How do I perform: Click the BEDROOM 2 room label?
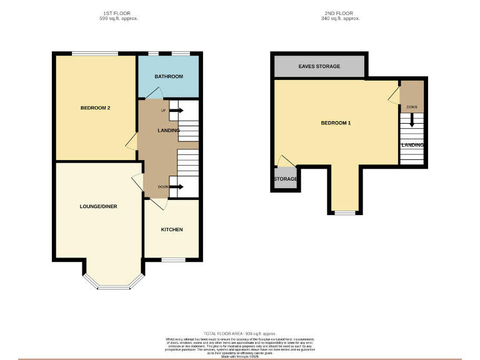point(95,108)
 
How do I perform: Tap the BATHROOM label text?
point(169,76)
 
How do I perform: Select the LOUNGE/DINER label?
point(98,206)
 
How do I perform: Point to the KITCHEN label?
point(172,229)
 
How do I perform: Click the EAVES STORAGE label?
point(319,66)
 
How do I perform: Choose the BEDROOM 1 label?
point(336,123)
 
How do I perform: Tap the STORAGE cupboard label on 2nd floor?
point(285,179)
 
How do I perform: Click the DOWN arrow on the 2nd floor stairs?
point(411,119)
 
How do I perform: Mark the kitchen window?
point(173,259)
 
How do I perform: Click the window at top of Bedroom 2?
point(94,54)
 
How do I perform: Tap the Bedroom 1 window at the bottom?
point(343,213)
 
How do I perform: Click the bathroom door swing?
point(154,93)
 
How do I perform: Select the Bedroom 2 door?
point(132,143)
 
